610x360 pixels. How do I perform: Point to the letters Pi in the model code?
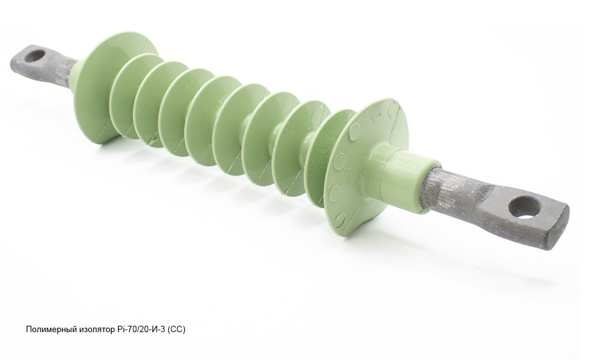[x=119, y=330]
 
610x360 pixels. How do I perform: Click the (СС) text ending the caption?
[x=177, y=330]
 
